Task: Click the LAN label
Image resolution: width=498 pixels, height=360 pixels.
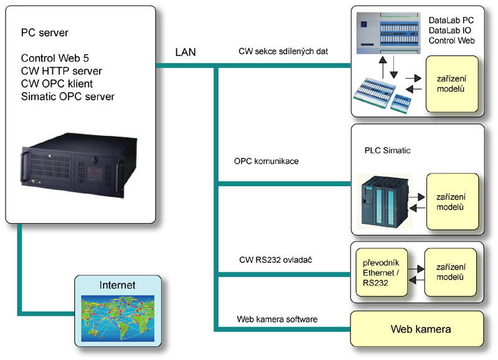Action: [185, 53]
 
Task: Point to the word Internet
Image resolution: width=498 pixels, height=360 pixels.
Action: [117, 286]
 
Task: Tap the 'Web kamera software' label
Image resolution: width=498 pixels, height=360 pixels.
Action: [277, 319]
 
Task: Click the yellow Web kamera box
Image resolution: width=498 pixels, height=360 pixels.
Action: [420, 328]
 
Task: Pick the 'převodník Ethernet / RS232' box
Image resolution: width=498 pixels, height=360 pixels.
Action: [379, 272]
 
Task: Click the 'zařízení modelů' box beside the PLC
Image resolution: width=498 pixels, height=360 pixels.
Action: [453, 200]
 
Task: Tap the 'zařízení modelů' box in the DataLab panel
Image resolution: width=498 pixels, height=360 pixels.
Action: [452, 83]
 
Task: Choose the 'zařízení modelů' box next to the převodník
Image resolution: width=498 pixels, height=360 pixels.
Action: [450, 272]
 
